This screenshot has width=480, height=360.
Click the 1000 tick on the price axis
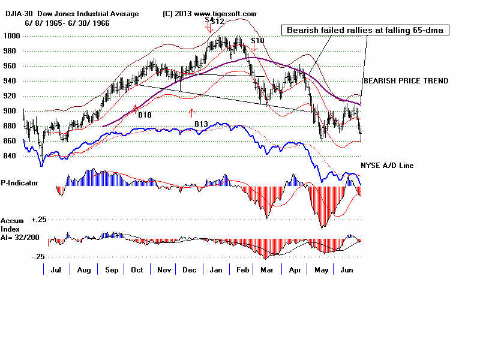(11, 36)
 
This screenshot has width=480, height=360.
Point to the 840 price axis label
(11, 156)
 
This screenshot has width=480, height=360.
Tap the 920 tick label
(11, 96)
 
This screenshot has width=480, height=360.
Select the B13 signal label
(201, 124)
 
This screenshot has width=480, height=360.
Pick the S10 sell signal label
(257, 41)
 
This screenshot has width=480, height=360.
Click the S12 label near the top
(217, 22)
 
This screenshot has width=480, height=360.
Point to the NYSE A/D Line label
(386, 166)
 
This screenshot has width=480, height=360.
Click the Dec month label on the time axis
(190, 270)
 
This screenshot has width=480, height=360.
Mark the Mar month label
(268, 270)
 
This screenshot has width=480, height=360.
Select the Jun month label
(346, 270)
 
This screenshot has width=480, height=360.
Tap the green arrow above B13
(191, 112)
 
